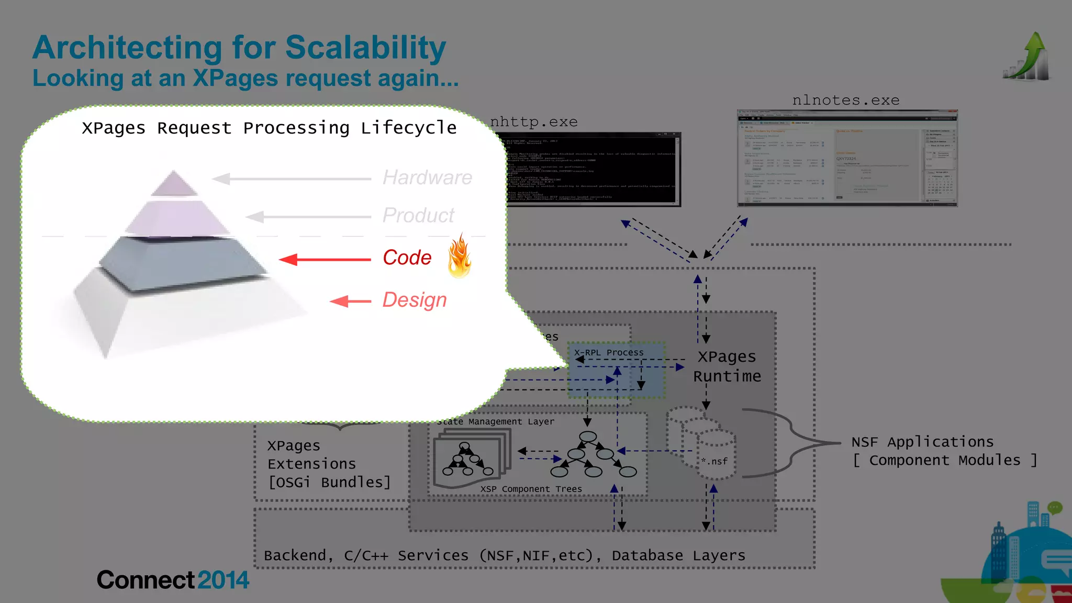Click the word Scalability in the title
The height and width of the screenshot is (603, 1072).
pos(365,48)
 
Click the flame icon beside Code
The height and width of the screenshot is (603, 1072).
pos(460,256)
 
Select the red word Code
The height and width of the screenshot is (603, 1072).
pos(407,258)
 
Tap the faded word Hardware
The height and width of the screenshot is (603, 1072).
pos(427,177)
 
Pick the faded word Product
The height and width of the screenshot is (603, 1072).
pos(418,215)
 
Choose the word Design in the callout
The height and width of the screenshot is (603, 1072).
pos(414,300)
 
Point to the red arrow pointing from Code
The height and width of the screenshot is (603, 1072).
pos(325,259)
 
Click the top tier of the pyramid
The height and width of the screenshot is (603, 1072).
pos(174,183)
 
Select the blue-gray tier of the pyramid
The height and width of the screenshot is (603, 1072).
pos(183,262)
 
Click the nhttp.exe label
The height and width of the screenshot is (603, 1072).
pos(534,122)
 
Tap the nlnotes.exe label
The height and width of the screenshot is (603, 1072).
pos(846,100)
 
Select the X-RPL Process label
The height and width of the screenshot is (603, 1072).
pos(609,353)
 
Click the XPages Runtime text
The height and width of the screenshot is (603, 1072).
pos(727,366)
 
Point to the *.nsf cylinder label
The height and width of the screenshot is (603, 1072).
pos(714,461)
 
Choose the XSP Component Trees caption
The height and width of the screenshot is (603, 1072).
pos(531,489)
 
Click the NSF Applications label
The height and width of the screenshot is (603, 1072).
pos(922,442)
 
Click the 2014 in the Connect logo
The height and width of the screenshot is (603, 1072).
pos(223,580)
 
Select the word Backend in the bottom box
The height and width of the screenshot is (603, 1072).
pos(295,555)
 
